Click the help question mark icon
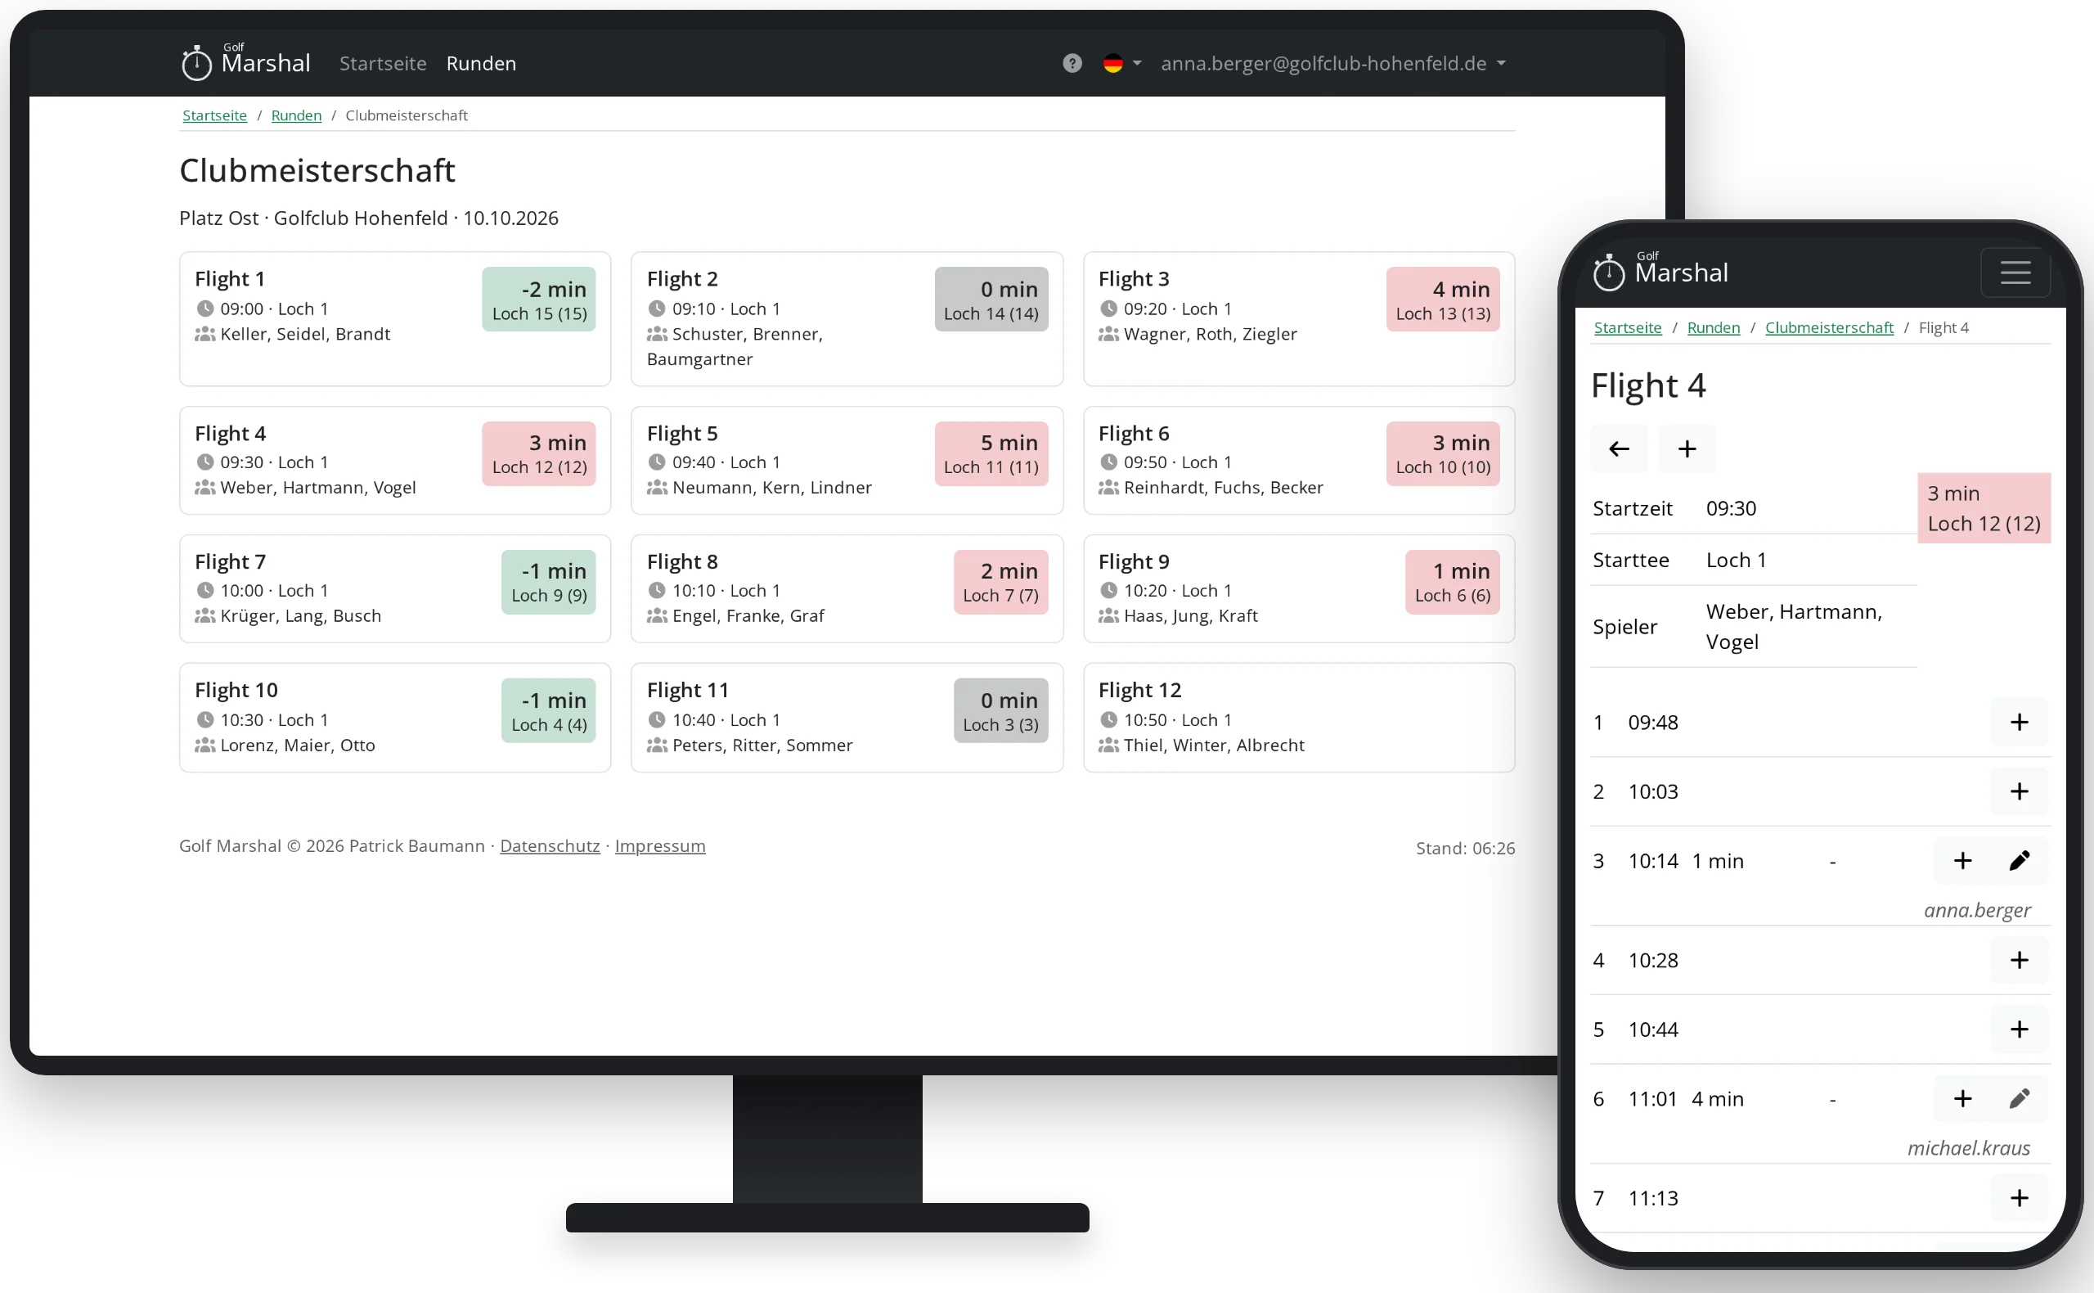pos(1072,63)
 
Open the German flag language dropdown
pos(1122,63)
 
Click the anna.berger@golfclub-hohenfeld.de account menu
pos(1332,63)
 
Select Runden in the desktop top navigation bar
pos(481,63)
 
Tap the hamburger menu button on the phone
pos(2015,273)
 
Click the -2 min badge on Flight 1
pos(538,300)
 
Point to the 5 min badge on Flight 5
pos(991,453)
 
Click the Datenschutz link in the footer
pos(550,845)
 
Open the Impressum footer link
pos(660,845)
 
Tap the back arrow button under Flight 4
pos(1619,449)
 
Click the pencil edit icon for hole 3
pos(2019,860)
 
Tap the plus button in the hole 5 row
pos(2019,1029)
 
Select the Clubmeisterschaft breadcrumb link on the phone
pos(1829,327)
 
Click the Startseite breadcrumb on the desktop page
pos(214,115)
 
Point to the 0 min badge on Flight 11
pos(1000,710)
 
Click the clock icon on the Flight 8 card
pos(656,590)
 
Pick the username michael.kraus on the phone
pos(1968,1147)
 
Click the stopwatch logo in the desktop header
pos(196,63)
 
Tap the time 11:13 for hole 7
pos(1653,1198)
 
